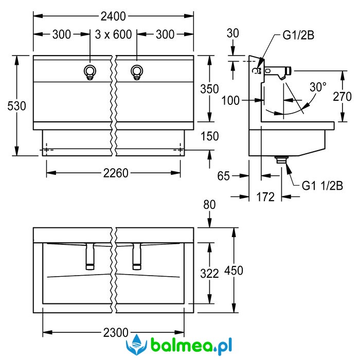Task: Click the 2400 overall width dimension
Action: click(113, 16)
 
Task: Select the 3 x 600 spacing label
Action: click(114, 34)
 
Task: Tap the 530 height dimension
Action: click(16, 106)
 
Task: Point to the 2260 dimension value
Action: click(116, 173)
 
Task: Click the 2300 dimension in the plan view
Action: click(116, 332)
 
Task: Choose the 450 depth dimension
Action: click(233, 270)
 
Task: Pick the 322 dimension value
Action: click(209, 274)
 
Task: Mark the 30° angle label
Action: click(318, 87)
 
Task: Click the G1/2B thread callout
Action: click(298, 35)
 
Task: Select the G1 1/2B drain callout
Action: click(322, 186)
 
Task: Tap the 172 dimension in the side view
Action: click(265, 197)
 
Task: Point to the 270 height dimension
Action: click(342, 97)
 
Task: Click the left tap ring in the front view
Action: click(90, 72)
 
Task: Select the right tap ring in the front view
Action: click(137, 72)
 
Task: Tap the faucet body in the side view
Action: click(278, 73)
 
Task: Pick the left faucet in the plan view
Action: click(90, 256)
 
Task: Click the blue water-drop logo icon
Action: click(136, 345)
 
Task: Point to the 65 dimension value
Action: click(223, 176)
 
